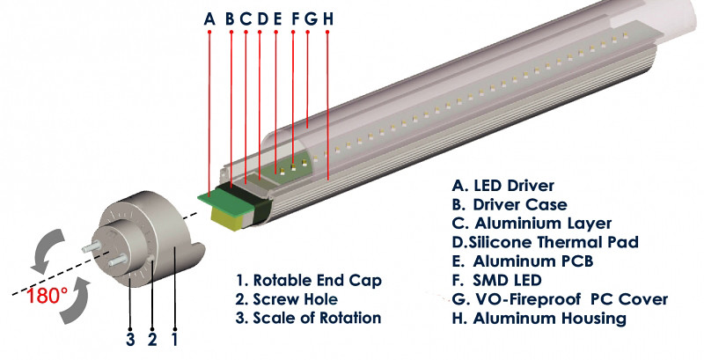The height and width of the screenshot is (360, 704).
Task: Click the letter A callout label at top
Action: tap(209, 18)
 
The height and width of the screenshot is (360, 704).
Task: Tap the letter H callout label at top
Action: tap(327, 18)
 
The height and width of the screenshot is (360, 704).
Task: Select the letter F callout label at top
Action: tap(295, 18)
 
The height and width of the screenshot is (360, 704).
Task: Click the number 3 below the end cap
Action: tap(130, 340)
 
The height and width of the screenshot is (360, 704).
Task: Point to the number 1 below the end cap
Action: tap(174, 340)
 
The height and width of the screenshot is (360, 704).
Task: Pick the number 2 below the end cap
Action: tap(152, 340)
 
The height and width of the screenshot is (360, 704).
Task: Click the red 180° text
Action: tap(48, 296)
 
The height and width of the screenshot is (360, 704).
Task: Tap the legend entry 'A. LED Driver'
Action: tap(502, 186)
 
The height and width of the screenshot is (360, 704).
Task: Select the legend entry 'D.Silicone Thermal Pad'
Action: tap(545, 242)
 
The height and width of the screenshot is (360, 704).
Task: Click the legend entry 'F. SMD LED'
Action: tap(496, 280)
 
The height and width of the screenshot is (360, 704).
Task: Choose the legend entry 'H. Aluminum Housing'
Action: tap(539, 319)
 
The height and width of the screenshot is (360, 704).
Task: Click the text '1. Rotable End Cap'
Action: tap(309, 281)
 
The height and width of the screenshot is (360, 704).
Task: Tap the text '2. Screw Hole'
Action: tap(287, 299)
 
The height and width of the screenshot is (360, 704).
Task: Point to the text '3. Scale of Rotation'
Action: tap(309, 318)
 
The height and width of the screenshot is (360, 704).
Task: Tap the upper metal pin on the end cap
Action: tap(92, 246)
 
